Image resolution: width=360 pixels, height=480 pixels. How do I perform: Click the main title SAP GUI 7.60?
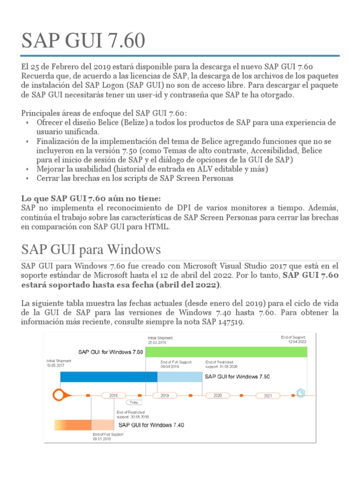pos(83,41)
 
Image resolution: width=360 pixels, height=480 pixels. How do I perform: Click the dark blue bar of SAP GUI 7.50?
pos(108,376)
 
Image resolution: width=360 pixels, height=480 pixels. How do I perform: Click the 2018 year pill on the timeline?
pos(113,396)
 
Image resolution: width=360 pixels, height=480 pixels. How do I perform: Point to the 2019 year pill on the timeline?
pos(165,396)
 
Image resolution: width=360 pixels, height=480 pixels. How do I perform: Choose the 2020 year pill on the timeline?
pos(217,396)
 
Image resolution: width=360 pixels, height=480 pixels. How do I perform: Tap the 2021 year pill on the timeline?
pos(268,396)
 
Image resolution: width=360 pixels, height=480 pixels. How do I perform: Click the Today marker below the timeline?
pos(134,402)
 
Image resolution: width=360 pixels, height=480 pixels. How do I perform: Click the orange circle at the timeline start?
pos(59,395)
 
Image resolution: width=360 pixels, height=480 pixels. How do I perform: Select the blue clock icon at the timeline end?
pos(300,393)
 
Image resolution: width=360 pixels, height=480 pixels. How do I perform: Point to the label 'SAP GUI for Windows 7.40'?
pos(151,425)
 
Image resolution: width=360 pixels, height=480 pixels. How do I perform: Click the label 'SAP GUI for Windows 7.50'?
pos(237,376)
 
